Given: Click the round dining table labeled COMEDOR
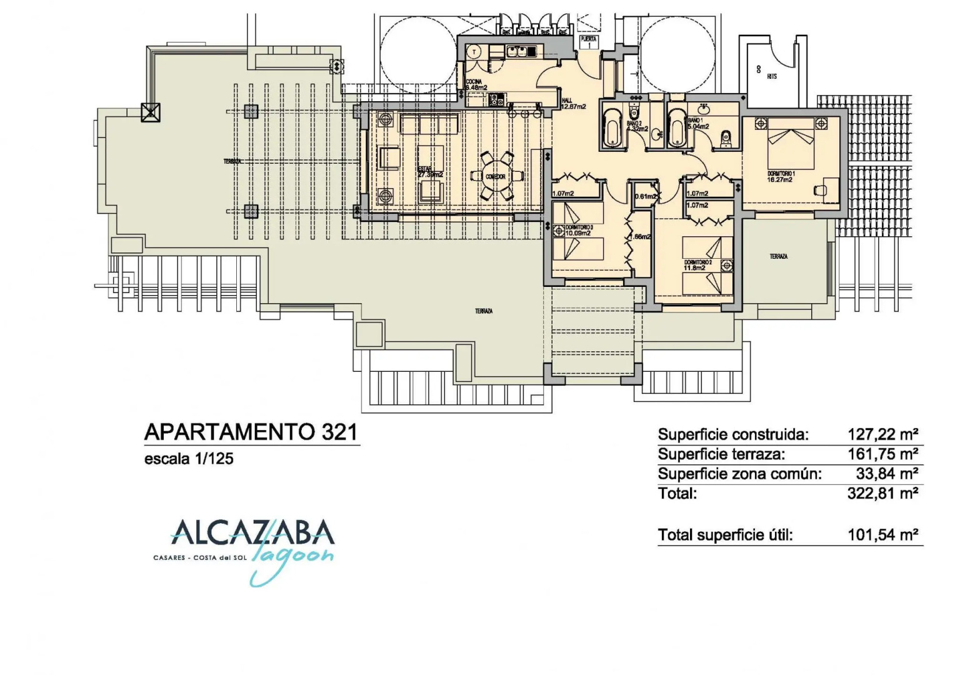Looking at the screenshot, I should [496, 176].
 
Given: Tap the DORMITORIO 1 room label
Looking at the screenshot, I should [781, 176].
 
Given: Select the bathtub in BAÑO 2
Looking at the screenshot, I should [612, 129].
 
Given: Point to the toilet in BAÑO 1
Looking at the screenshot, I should [726, 138].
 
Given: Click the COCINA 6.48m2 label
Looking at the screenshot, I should [476, 85].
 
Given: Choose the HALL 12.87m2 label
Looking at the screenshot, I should [572, 104].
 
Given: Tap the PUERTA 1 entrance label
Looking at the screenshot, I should [589, 42].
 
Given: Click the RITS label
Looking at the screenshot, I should [772, 76].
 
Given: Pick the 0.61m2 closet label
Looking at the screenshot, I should [646, 196].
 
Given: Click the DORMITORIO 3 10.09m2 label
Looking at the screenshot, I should [579, 231].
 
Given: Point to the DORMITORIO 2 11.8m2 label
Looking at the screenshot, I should [697, 265].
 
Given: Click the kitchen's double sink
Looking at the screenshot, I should [518, 51].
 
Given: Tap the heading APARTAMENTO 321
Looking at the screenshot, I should [251, 432].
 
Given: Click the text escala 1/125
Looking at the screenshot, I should [189, 459].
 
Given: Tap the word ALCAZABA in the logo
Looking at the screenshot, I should [252, 532].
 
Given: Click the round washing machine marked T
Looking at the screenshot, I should [475, 52].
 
